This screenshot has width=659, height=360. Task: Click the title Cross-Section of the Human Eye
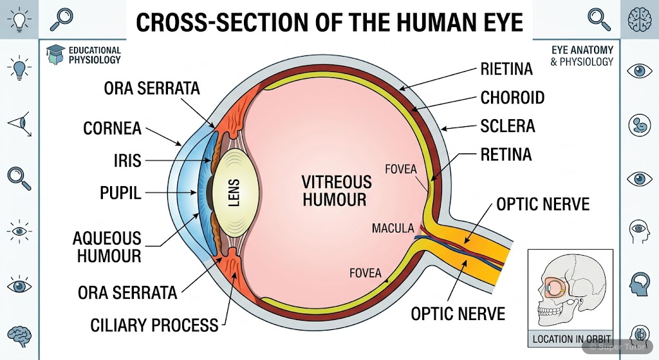point(329,23)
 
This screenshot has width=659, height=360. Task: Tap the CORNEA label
point(112,128)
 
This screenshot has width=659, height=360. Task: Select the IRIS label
point(127,160)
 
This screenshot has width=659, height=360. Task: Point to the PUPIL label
point(120,193)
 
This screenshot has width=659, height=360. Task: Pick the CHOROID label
point(512,98)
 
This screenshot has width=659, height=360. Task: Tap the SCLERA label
point(508,126)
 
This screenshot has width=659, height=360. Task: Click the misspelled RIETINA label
point(506,69)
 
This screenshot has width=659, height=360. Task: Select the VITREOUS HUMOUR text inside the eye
point(337,191)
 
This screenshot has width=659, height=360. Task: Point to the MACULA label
point(393,229)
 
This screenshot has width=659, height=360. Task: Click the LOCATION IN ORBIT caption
point(571,339)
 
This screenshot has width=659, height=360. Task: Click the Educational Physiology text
point(94,55)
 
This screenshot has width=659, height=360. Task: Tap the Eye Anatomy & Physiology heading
point(582,56)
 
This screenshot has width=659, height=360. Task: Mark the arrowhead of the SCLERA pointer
point(443,130)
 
